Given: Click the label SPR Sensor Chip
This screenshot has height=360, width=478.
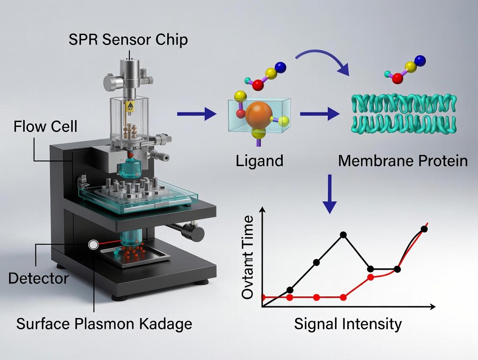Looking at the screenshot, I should click(x=128, y=40).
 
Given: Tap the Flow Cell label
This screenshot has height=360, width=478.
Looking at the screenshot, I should click(x=45, y=127).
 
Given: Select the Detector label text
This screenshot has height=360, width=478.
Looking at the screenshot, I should click(x=38, y=278).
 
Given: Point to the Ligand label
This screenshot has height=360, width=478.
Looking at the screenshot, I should click(x=260, y=161).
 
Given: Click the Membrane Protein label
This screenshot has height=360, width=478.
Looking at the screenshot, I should click(x=403, y=161).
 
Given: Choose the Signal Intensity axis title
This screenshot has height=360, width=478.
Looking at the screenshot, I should click(x=348, y=324).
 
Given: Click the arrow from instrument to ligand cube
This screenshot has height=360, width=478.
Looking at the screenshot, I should click(x=197, y=114).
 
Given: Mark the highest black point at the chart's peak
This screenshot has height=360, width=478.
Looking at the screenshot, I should click(x=343, y=235).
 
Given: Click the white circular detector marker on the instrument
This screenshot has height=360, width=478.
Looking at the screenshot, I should click(x=92, y=245).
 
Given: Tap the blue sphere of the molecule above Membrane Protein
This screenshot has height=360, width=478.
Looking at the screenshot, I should click(x=420, y=60).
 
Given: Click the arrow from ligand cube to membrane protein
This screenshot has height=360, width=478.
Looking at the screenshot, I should click(x=320, y=114).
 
